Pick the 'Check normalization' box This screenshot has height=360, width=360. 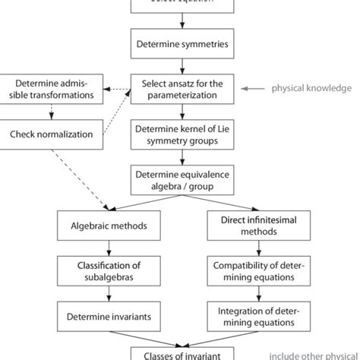click(51, 134)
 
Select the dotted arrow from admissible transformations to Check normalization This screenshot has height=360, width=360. click(51, 112)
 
